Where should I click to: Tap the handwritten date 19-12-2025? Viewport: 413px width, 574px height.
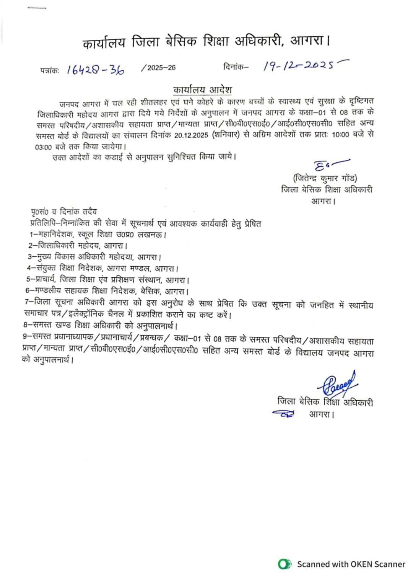tap(302, 66)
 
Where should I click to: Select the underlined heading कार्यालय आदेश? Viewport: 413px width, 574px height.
tap(203, 90)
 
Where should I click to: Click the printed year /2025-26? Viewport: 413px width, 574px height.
tap(158, 68)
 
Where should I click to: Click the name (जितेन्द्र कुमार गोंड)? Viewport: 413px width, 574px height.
tap(325, 178)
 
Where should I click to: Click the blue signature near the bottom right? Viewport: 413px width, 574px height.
tap(338, 384)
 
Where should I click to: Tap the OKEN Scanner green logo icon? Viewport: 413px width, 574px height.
tap(284, 564)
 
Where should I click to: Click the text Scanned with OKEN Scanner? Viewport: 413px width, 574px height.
tap(351, 564)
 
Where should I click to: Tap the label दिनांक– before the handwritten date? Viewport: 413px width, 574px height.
tap(236, 67)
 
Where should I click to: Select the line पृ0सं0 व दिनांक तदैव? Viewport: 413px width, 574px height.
tap(64, 212)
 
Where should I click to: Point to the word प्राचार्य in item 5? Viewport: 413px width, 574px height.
tap(46, 280)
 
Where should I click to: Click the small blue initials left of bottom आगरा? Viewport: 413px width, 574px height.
tap(283, 414)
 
